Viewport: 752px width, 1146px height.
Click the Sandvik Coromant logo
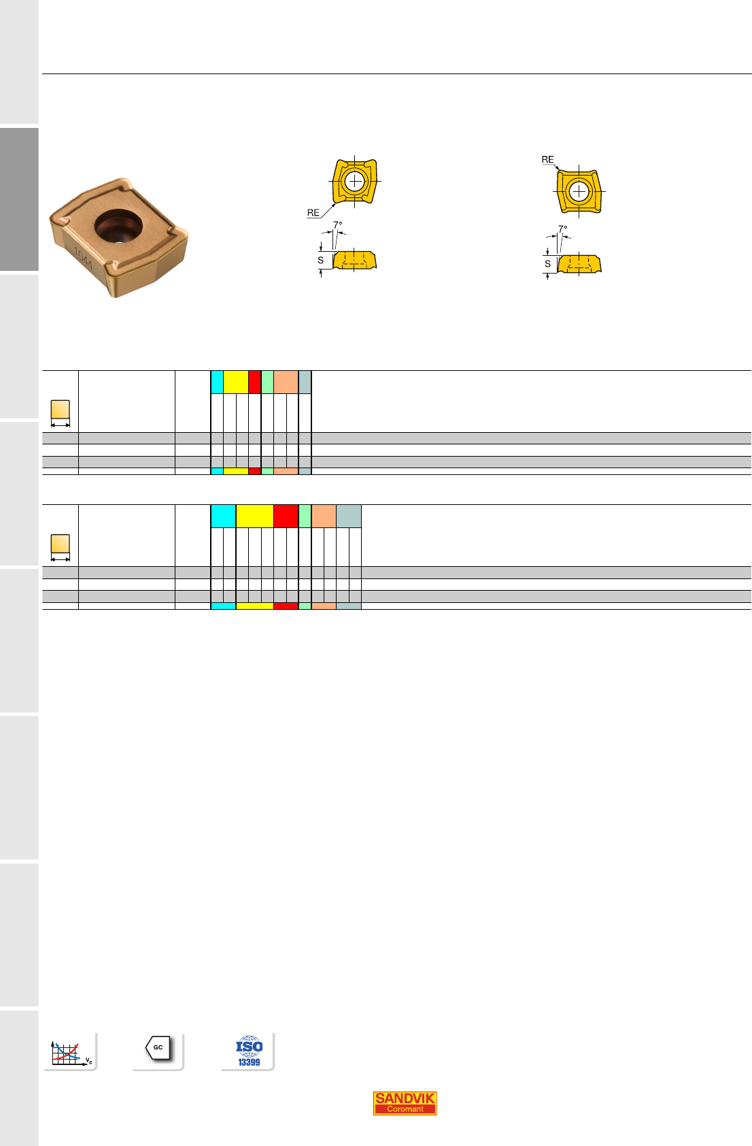405,1102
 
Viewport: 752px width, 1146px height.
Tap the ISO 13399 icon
249,1051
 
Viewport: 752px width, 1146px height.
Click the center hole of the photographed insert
118,226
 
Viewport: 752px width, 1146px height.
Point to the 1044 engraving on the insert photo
84,258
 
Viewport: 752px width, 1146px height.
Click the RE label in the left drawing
313,213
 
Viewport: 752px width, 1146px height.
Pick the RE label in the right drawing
547,160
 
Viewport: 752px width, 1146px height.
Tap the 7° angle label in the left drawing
338,225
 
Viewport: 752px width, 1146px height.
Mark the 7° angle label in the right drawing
563,229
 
